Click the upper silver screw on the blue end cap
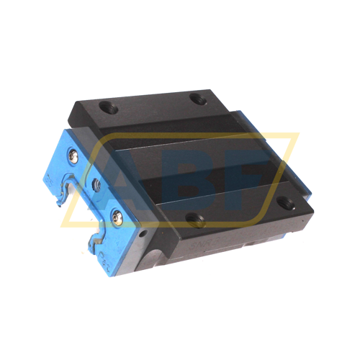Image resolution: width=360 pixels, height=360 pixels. [x=73, y=157]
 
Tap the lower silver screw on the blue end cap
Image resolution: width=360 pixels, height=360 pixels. [x=117, y=217]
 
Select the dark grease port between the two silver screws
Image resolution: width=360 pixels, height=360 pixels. [x=97, y=184]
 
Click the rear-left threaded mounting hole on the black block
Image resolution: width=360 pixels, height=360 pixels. [x=109, y=108]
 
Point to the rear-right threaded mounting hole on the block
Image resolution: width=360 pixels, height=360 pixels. [x=198, y=99]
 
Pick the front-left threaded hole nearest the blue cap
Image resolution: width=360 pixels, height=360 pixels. [x=196, y=220]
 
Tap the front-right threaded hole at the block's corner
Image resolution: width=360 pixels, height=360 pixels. [x=286, y=203]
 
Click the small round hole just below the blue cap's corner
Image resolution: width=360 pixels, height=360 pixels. [x=144, y=233]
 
